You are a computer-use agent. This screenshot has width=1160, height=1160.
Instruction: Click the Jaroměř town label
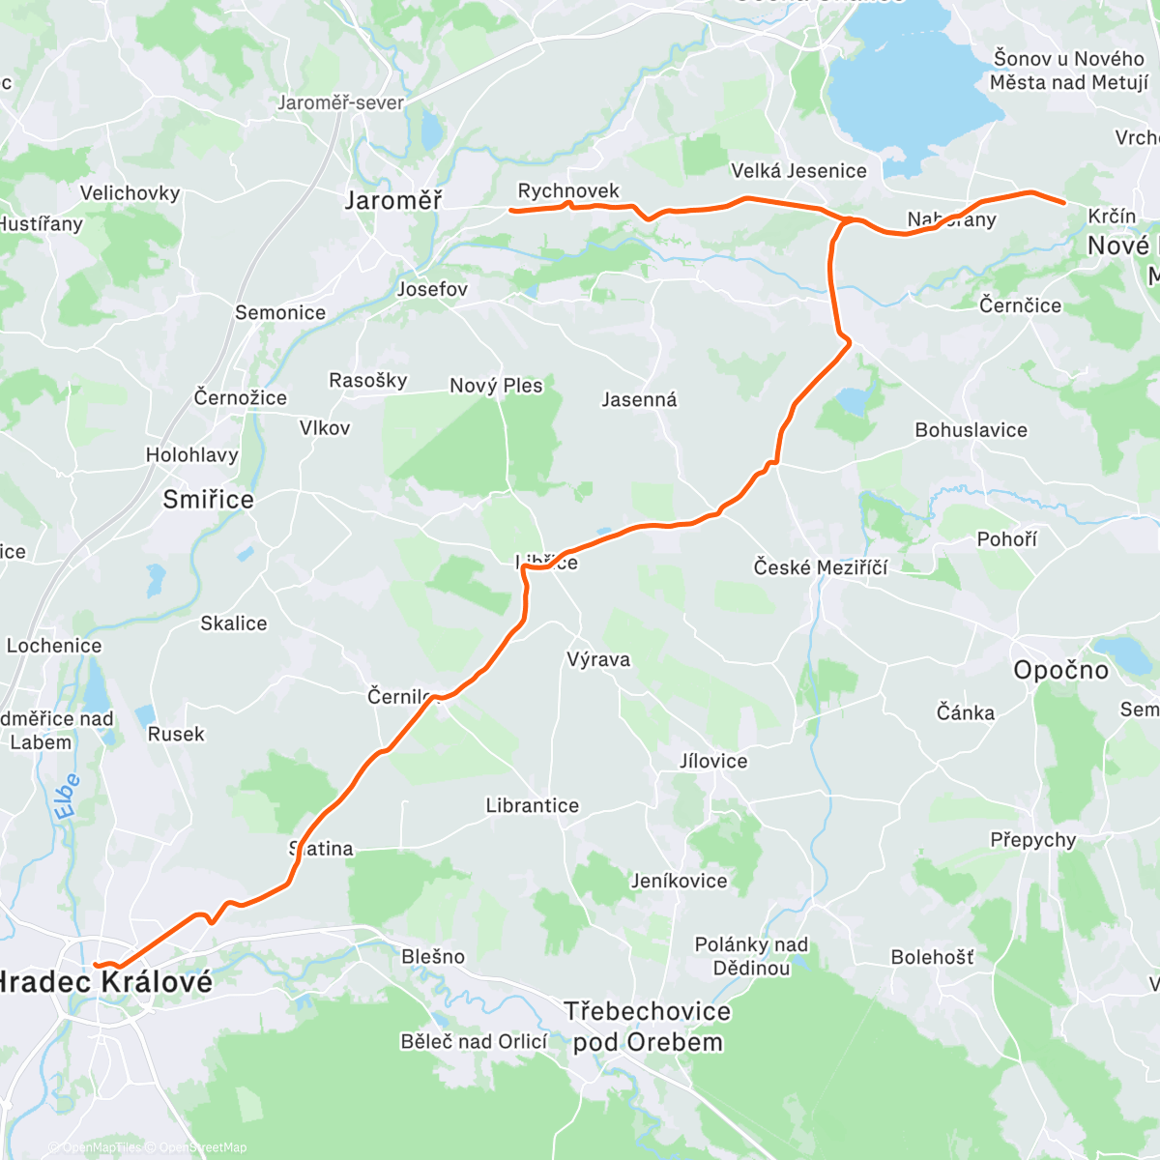(393, 201)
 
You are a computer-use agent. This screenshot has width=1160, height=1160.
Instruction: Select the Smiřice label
(208, 500)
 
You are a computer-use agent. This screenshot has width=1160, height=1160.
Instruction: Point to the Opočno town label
(1060, 670)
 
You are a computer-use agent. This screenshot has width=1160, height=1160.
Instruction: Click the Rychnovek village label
(568, 190)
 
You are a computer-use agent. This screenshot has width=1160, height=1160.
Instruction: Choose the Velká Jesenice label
(798, 171)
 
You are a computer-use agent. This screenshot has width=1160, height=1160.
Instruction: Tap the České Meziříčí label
(821, 567)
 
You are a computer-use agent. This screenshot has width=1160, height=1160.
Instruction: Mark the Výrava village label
(598, 659)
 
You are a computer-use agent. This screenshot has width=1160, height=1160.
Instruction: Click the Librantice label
(533, 805)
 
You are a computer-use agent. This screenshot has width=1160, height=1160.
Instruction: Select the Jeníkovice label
(679, 881)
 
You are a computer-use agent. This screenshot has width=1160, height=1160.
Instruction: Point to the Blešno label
(433, 956)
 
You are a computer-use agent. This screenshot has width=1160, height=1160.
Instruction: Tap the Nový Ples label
(496, 386)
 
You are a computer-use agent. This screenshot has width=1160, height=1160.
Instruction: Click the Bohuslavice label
(971, 430)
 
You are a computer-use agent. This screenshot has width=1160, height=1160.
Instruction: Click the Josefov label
(432, 289)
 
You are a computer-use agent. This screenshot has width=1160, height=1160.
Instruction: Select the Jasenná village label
(639, 399)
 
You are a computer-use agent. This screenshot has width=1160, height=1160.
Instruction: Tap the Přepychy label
(1032, 840)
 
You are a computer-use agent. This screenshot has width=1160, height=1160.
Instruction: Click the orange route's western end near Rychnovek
(511, 210)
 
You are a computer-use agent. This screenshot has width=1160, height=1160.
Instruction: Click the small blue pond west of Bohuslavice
(853, 400)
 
